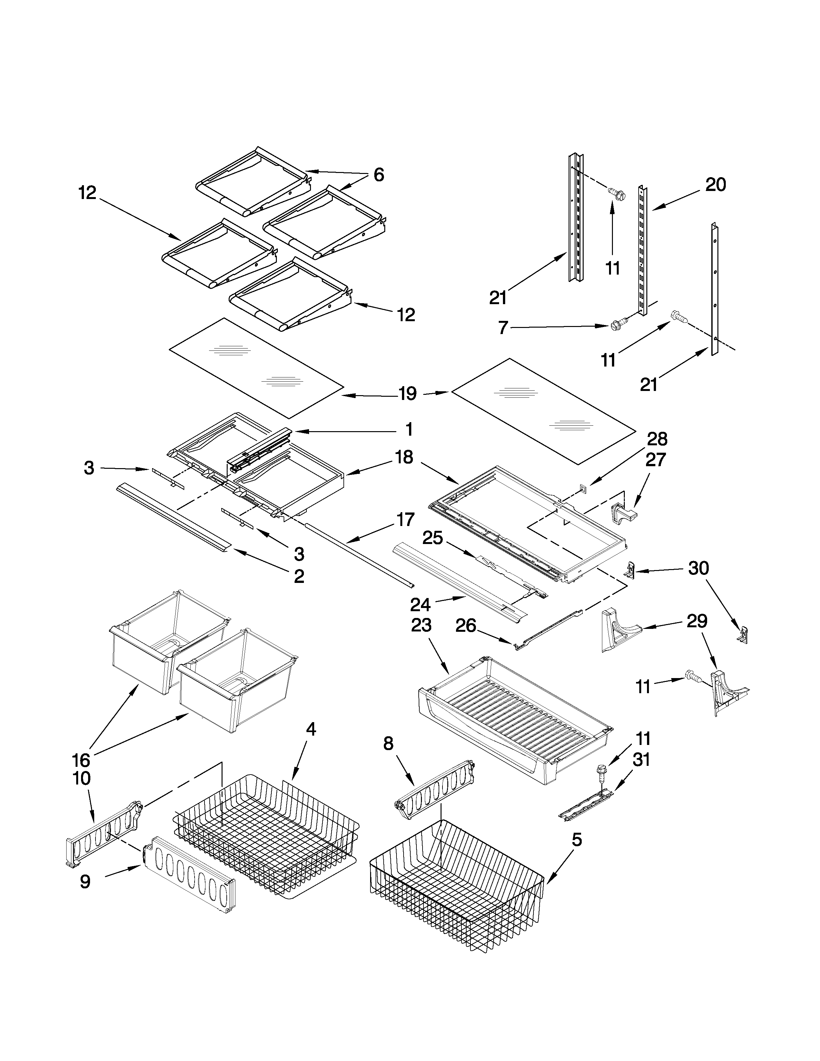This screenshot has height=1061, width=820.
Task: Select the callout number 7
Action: click(x=503, y=328)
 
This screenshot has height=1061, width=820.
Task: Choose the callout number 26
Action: click(x=465, y=626)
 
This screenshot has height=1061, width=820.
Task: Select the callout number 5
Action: click(x=576, y=840)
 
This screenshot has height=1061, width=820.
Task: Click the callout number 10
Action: click(x=82, y=778)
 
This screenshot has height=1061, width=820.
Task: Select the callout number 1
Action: click(x=409, y=430)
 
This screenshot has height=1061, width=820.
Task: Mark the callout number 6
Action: click(x=379, y=175)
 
